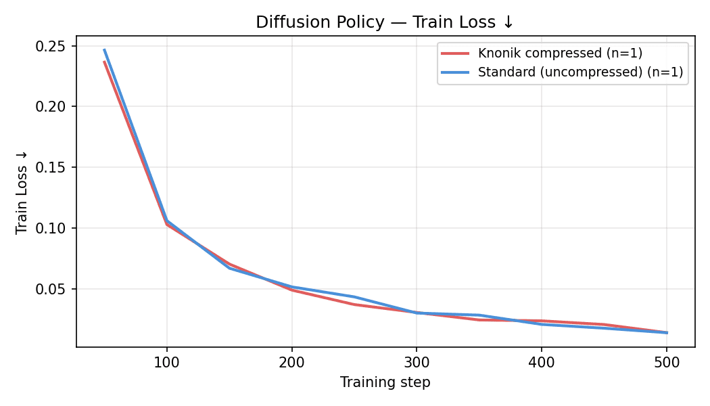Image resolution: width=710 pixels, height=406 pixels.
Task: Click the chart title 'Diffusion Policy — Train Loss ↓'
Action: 385,22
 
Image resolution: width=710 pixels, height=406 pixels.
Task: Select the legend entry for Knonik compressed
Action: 560,53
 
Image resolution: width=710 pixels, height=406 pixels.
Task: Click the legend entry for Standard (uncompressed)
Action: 580,72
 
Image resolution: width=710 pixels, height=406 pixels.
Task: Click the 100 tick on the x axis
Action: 166,363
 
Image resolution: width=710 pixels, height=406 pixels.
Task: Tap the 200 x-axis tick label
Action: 291,363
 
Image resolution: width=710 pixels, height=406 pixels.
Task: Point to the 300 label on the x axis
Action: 417,363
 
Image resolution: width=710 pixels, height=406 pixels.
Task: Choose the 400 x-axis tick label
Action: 542,363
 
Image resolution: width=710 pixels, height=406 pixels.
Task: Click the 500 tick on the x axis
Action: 667,363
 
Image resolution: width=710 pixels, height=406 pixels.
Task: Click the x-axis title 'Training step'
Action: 385,382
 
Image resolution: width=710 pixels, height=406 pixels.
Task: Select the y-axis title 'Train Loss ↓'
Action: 22,191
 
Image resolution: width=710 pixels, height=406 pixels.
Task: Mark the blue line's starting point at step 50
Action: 104,49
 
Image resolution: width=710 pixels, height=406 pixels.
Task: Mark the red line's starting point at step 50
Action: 104,62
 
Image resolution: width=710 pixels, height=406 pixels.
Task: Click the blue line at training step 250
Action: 354,297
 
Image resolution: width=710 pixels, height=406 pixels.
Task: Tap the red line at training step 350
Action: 479,320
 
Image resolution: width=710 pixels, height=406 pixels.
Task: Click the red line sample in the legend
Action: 455,53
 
